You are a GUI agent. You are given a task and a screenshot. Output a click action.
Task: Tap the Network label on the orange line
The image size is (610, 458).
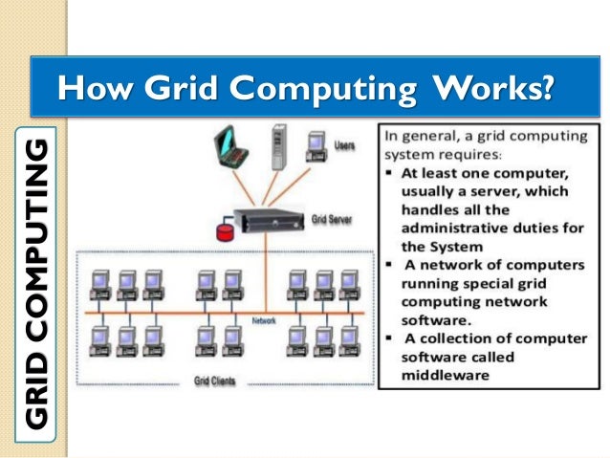click(264, 321)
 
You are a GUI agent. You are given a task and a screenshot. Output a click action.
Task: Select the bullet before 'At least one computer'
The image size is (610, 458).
click(390, 173)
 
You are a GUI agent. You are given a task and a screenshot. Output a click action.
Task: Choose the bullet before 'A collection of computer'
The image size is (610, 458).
click(390, 338)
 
